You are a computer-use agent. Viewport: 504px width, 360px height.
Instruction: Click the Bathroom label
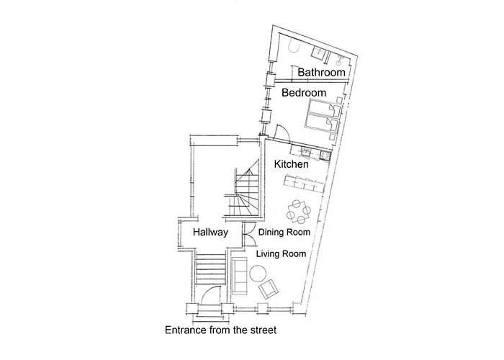click(321, 72)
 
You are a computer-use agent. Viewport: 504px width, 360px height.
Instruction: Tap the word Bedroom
click(304, 93)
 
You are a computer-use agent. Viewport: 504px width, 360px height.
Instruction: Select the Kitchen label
click(291, 164)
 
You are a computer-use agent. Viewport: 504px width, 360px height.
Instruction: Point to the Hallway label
click(210, 232)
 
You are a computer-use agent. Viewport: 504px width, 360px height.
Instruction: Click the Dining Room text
click(284, 232)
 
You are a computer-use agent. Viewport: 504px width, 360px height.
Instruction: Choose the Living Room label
click(281, 254)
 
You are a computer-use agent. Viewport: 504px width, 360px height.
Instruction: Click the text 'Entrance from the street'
click(220, 330)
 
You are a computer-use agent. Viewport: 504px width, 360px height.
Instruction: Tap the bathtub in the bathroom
click(294, 45)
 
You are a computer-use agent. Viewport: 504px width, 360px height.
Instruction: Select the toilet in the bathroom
click(340, 59)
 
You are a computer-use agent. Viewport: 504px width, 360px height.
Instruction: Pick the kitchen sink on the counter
click(305, 153)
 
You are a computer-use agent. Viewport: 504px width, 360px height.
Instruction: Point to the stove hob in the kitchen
click(325, 156)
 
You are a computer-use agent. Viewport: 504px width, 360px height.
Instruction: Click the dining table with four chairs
click(299, 212)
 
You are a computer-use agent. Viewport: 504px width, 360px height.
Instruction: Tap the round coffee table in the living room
click(258, 274)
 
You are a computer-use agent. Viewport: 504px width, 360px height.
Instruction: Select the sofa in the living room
click(239, 276)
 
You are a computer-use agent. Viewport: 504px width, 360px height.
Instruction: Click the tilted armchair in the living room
click(268, 288)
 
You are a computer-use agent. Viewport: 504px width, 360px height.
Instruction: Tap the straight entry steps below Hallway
click(211, 269)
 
